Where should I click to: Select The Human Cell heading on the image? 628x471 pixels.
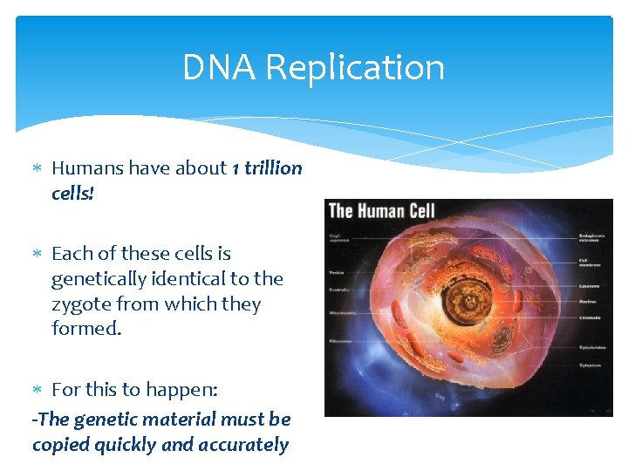click(x=381, y=210)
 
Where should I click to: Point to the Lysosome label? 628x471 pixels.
click(x=590, y=284)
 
